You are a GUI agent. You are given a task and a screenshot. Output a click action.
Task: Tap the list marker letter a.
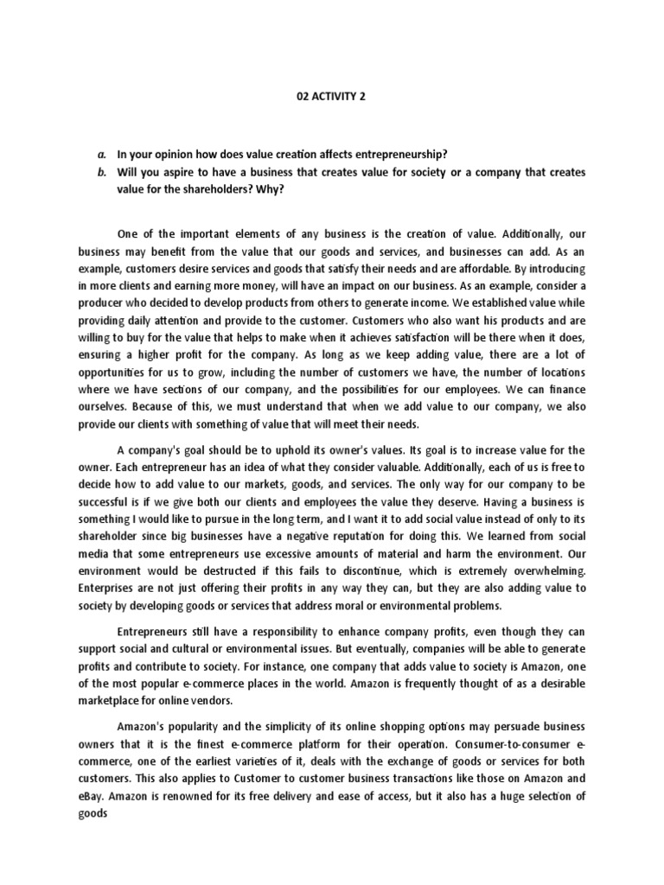click(100, 154)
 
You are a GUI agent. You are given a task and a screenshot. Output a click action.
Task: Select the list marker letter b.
click(100, 171)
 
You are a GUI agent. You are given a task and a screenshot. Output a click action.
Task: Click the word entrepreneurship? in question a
click(400, 154)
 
